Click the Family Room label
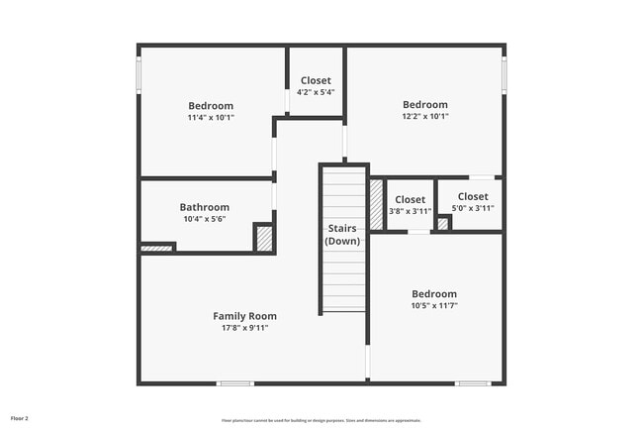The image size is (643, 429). pos(244,316)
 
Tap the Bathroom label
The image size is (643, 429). pos(204,207)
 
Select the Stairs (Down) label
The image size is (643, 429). pos(342,235)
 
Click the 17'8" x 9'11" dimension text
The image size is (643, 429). pos(244,328)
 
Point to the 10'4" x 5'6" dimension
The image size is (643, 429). pos(204,219)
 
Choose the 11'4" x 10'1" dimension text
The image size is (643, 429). pos(211,118)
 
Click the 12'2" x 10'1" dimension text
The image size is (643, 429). pos(424,116)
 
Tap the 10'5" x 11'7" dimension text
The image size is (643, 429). pos(434,306)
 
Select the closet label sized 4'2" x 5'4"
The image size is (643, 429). pos(316,80)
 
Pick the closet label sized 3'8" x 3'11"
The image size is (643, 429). pos(410,199)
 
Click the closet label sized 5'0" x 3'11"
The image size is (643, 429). pos(472,196)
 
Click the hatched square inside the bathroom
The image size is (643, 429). pos(264,239)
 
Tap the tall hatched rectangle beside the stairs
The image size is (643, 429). pos(376,205)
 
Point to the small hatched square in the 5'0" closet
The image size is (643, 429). pos(443,224)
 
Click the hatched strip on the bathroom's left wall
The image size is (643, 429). pos(156,248)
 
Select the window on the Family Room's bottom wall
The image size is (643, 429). pos(235,383)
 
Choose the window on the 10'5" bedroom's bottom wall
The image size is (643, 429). pos(473,383)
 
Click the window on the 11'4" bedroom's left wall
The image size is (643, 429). pos(138,74)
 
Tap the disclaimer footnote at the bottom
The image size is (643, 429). pos(321,420)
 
